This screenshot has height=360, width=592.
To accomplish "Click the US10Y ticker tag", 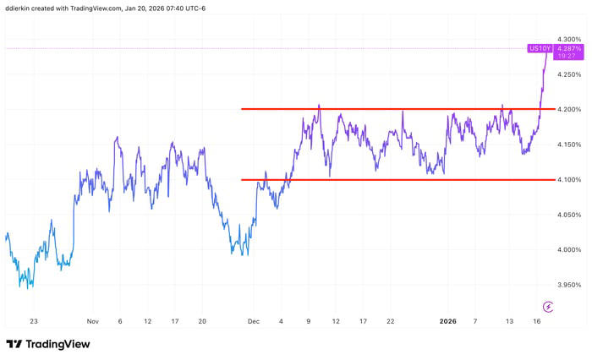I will (x=540, y=49).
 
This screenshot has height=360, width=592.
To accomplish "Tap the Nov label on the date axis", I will (x=93, y=322).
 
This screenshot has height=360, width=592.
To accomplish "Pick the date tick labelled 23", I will (x=33, y=322).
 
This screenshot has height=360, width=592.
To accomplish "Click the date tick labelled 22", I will (x=390, y=322).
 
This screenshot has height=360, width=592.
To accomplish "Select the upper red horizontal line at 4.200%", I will (x=381, y=109).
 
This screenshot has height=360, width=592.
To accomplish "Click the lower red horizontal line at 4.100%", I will (x=381, y=179).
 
